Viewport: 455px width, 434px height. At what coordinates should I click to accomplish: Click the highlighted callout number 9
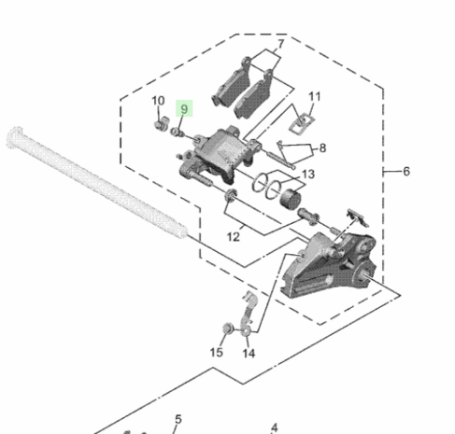(x=184, y=109)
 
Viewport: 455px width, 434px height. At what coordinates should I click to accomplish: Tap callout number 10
(x=158, y=101)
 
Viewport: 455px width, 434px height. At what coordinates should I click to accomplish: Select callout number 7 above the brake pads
(x=281, y=44)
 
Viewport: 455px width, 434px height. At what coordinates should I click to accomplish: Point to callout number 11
(x=315, y=96)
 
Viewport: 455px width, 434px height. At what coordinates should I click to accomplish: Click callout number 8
(x=322, y=147)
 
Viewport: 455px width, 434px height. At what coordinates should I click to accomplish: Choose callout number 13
(x=308, y=175)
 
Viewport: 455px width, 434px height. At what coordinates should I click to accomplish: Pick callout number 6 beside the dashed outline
(x=406, y=171)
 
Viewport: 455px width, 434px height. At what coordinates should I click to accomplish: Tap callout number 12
(x=234, y=237)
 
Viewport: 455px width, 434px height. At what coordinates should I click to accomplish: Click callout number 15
(x=217, y=353)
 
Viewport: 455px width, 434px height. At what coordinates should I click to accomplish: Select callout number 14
(x=249, y=354)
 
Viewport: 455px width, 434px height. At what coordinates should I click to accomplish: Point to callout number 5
(x=178, y=419)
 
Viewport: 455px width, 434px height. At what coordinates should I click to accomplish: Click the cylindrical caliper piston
(x=291, y=199)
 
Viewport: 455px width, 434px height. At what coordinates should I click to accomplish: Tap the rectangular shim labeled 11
(x=302, y=123)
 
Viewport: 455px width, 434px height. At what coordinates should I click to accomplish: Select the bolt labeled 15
(x=228, y=329)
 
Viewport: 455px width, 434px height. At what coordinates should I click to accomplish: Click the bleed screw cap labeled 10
(x=161, y=123)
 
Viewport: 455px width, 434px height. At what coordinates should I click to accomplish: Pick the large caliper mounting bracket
(x=329, y=265)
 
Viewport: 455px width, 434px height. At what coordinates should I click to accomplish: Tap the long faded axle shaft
(x=96, y=182)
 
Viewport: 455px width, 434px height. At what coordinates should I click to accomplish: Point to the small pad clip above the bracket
(x=358, y=217)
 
